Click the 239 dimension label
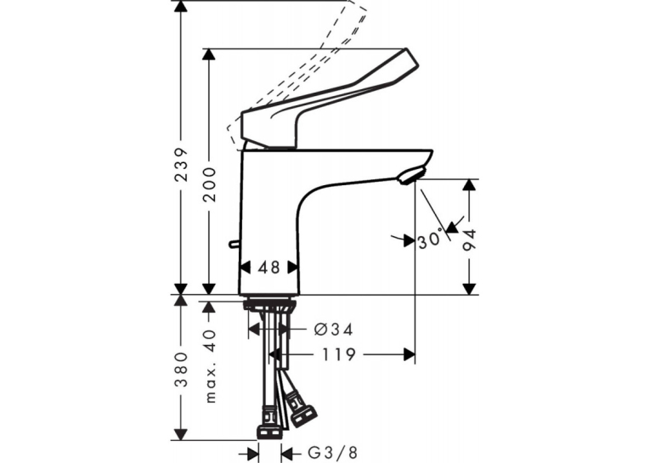181,164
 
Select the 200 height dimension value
210,184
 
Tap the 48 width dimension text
269,268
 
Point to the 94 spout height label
470,240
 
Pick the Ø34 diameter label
334,330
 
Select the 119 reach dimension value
339,354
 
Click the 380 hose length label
181,370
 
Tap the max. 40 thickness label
211,366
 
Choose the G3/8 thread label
332,452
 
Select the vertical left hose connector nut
271,432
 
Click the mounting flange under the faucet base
269,304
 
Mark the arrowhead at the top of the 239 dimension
180,6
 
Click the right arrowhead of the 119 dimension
410,354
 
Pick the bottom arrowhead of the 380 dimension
180,435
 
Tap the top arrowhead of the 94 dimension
469,185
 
